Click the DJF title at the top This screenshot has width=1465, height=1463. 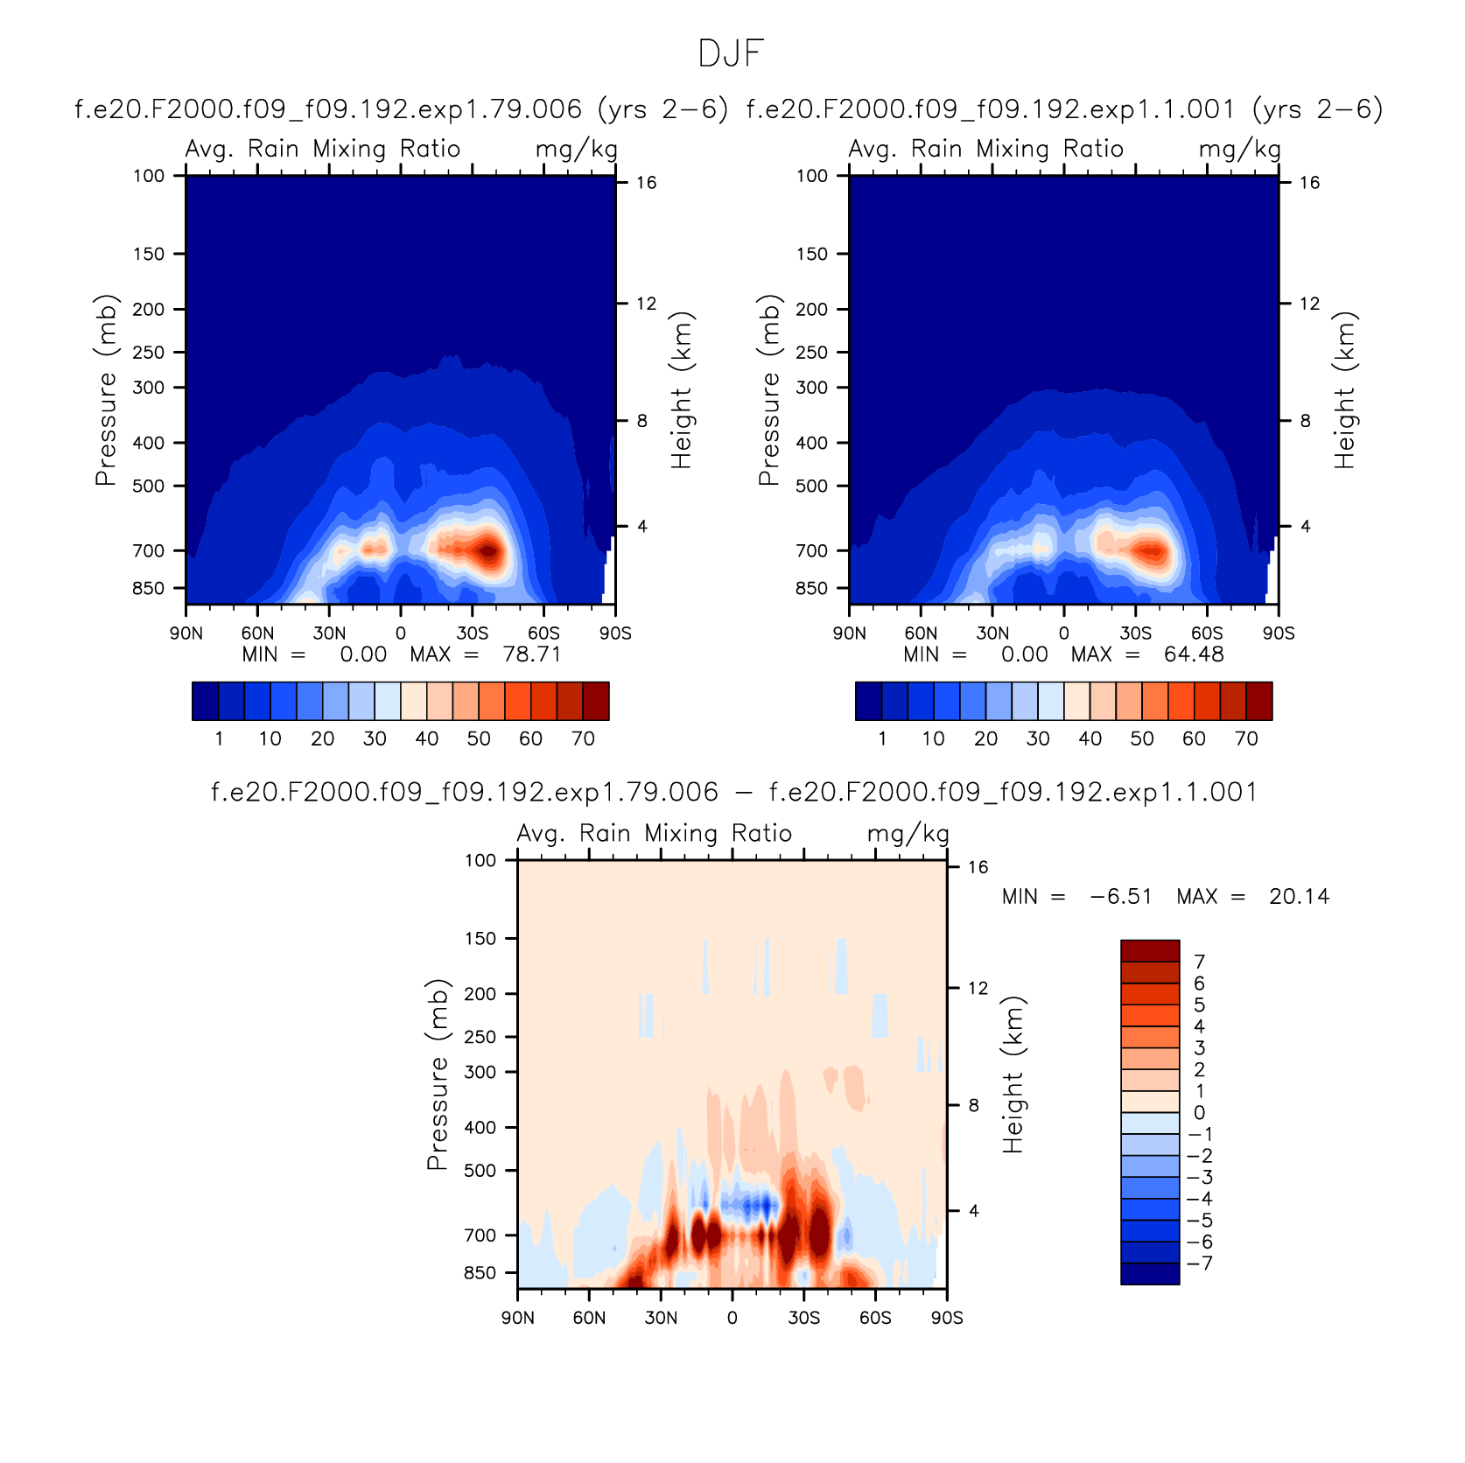point(732,54)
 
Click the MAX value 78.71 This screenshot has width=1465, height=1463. point(531,654)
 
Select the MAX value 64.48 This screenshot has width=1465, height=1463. point(1194,654)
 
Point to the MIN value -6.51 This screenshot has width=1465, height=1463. point(1121,897)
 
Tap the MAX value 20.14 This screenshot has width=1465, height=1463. point(1299,897)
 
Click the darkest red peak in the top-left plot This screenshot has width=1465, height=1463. point(488,551)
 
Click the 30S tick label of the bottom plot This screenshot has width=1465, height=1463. point(803,1318)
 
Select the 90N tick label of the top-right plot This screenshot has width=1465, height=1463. point(849,633)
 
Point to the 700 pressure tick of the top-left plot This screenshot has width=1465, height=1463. point(149,550)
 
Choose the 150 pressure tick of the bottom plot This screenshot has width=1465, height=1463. point(480,938)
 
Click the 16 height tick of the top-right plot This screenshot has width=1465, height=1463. point(1309,182)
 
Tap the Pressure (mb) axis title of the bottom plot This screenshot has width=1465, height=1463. point(437,1074)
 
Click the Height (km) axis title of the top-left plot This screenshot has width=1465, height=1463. point(682,390)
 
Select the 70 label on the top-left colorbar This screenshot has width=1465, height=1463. point(583,738)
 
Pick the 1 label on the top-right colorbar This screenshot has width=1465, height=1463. point(882,738)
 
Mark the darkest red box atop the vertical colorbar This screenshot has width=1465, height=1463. point(1150,951)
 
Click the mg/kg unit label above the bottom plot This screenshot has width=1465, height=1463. point(908,834)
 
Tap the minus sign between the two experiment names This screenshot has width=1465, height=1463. point(743,793)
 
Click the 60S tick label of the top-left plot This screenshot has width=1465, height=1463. point(543,633)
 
